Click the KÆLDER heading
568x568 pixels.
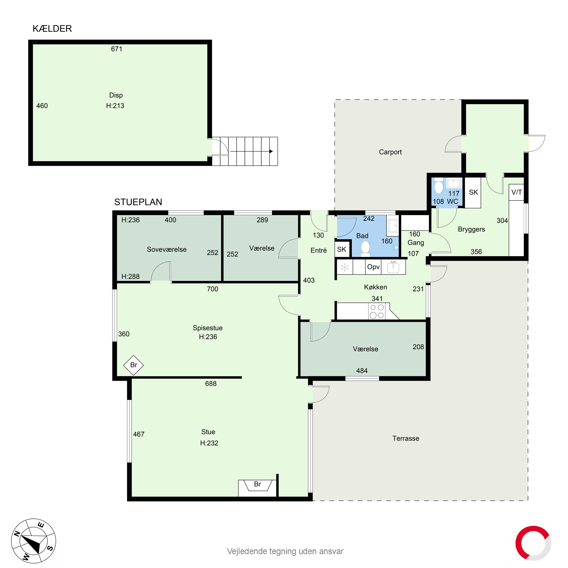[x=52, y=29]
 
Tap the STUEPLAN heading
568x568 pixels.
[x=138, y=202]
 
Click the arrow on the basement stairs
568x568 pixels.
[x=251, y=151]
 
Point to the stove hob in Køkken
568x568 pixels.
[x=377, y=311]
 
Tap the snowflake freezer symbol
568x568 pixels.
[x=345, y=267]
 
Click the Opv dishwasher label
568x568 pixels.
[x=373, y=267]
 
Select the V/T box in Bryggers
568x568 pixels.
[x=517, y=192]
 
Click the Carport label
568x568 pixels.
[x=390, y=152]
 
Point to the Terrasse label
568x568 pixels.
[x=406, y=438]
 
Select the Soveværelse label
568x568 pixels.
[x=167, y=249]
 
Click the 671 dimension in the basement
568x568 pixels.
[x=116, y=49]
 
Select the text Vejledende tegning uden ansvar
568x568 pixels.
[x=285, y=551]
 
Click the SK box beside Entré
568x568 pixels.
[x=342, y=249]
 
